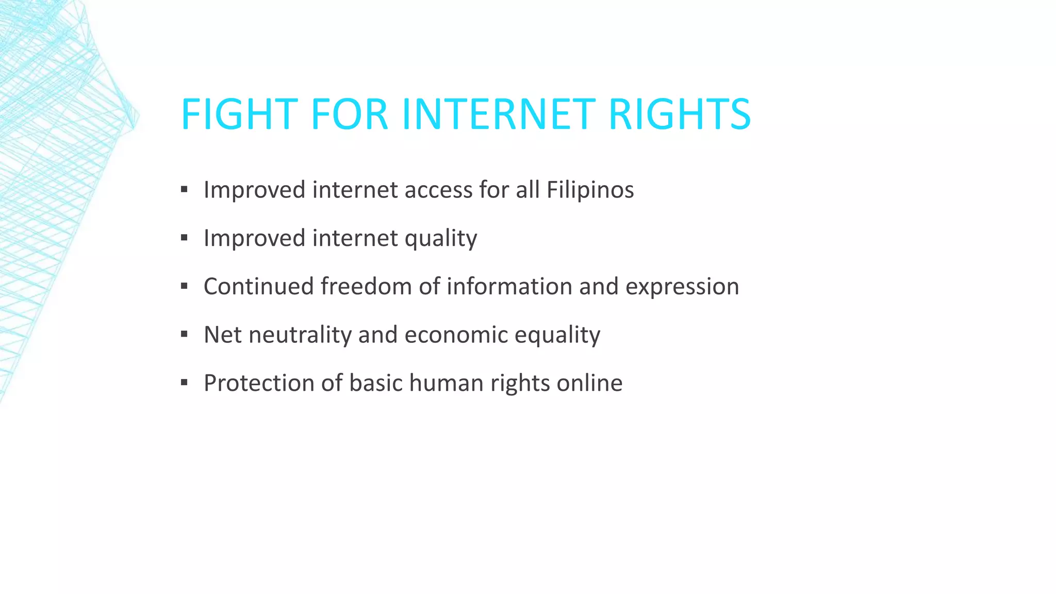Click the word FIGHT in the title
239,114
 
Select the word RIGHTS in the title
679,114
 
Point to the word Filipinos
590,190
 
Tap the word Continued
258,287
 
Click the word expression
682,287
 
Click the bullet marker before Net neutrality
184,335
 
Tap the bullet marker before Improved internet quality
184,238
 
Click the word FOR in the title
349,114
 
